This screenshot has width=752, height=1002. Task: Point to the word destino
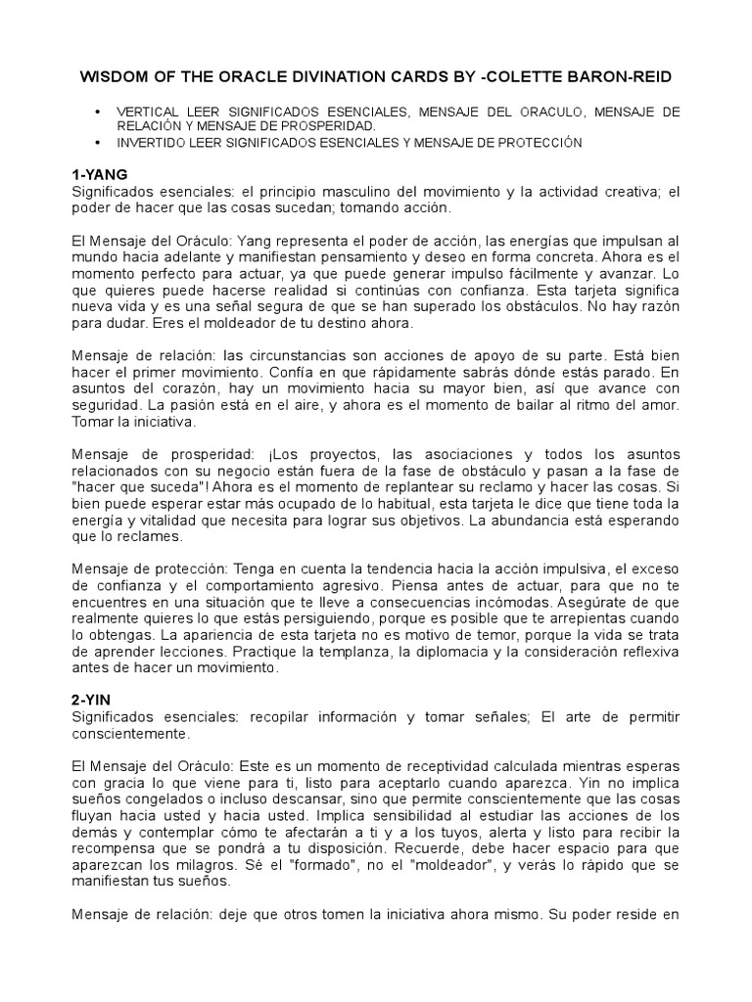click(x=301, y=323)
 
